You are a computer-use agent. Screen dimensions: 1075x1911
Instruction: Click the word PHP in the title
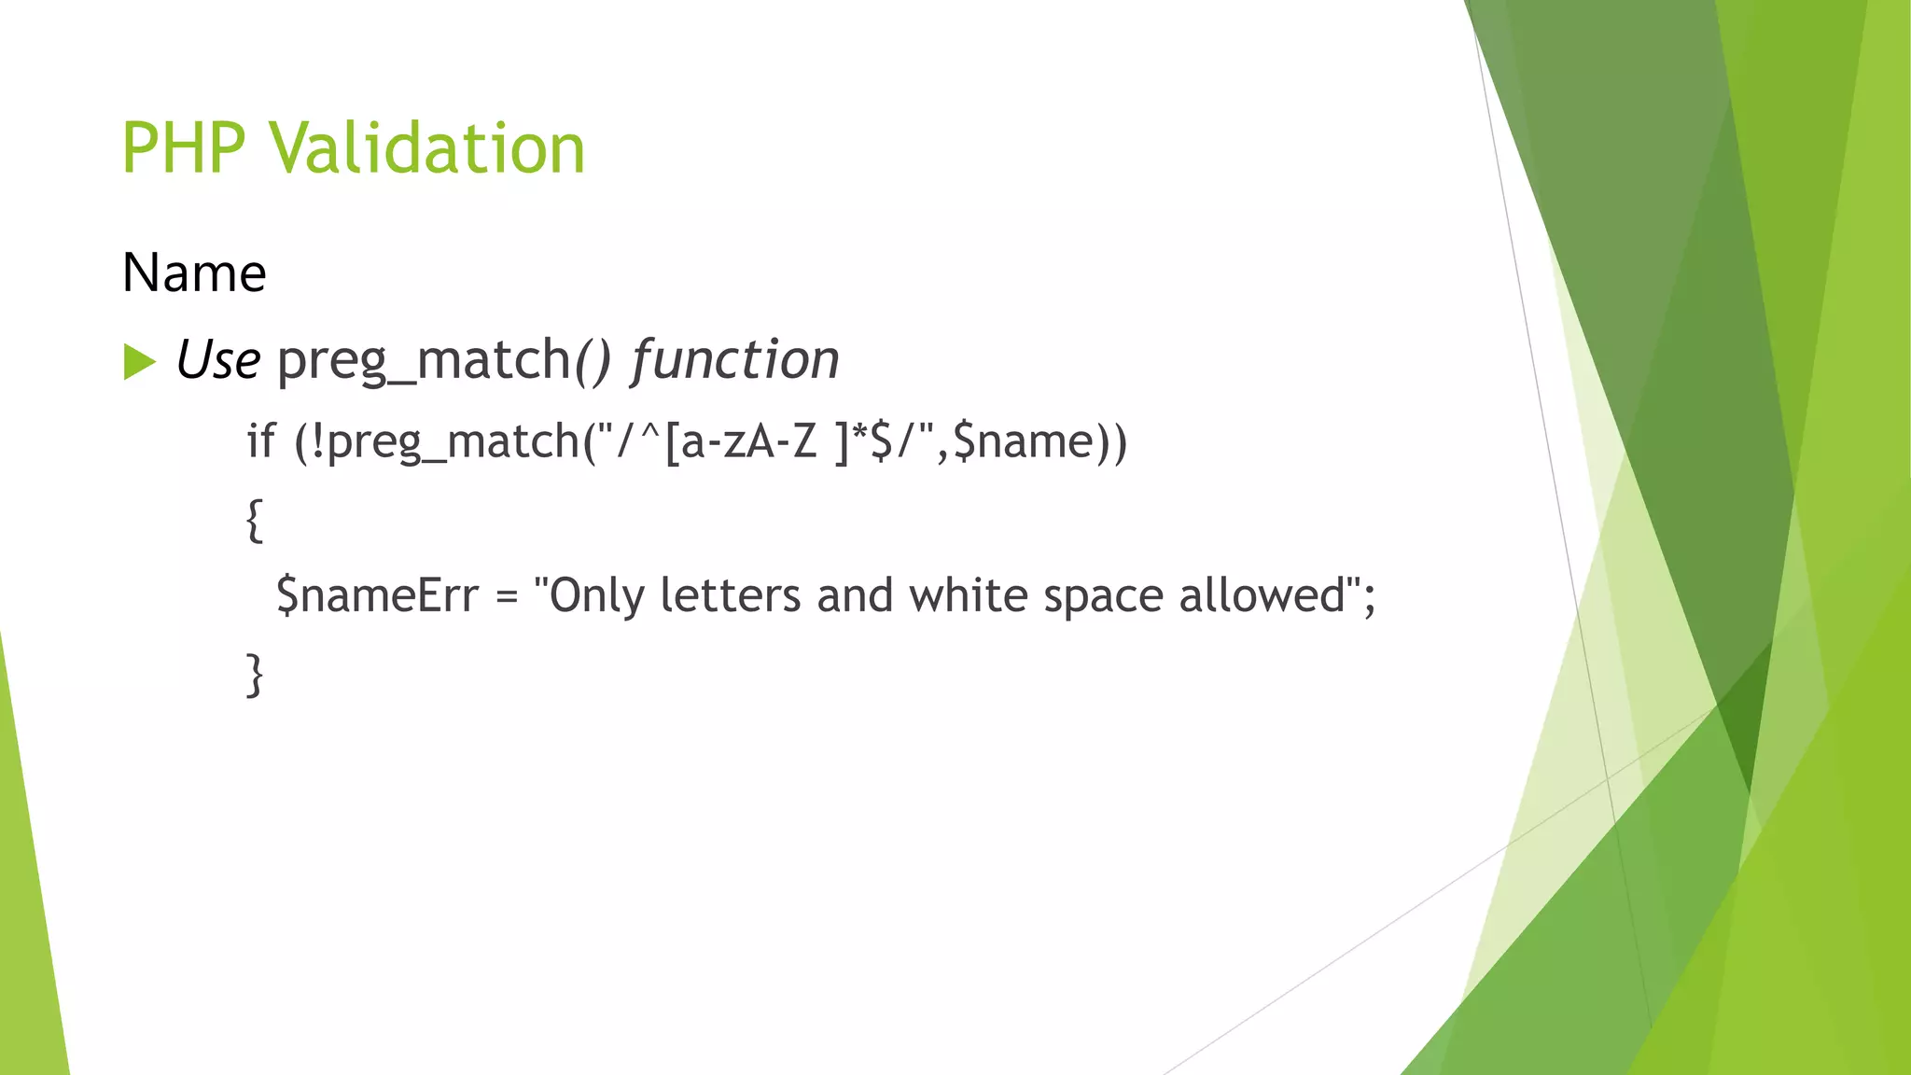184,148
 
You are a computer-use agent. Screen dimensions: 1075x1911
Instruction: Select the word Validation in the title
427,148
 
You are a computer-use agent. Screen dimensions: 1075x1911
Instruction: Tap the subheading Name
194,273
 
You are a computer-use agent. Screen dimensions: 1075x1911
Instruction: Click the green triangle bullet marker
139,362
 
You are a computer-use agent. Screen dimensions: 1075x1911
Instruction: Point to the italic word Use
218,360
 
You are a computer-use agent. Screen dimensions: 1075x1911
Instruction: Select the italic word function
735,360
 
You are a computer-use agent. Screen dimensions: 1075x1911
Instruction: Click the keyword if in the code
261,440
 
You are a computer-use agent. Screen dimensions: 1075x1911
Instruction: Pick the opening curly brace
255,520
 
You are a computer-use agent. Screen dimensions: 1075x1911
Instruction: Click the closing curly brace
255,675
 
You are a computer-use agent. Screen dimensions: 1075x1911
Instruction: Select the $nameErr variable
378,595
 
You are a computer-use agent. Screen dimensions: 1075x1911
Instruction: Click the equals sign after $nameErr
507,596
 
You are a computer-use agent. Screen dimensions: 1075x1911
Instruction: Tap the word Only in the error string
596,596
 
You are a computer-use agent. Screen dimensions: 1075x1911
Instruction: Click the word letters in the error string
730,595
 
